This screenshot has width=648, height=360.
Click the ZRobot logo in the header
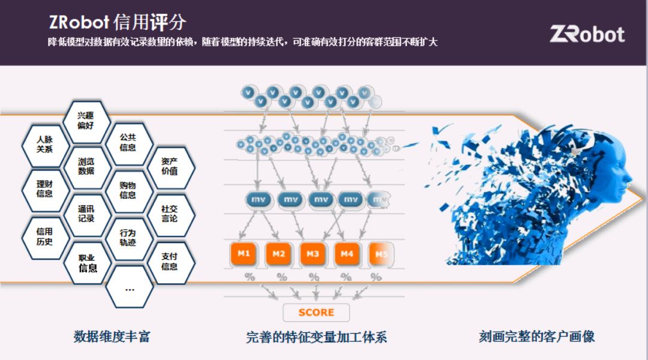coord(587,34)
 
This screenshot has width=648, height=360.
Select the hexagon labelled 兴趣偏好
coord(86,121)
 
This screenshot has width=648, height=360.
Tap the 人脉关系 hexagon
coord(45,145)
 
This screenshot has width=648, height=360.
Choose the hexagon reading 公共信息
coord(128,142)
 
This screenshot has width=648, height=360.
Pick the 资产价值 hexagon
coord(170,166)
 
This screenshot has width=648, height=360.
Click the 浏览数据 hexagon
coord(86,166)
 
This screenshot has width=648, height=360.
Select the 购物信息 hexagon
coord(128,190)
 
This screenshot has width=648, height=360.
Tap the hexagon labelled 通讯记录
coord(86,214)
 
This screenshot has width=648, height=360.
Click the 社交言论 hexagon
coord(170,214)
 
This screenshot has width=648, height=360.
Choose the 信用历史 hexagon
coord(45,236)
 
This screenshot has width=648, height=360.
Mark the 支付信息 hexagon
coord(170,262)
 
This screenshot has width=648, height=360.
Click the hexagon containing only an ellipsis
coord(129,288)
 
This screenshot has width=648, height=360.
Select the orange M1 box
coord(244,254)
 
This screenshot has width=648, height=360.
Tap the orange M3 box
coord(313,254)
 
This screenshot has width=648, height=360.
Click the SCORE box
coord(316,312)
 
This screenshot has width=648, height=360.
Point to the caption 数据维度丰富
coord(112,336)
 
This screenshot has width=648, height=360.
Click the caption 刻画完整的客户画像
coord(537,336)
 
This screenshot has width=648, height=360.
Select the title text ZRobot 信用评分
coord(118,22)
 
